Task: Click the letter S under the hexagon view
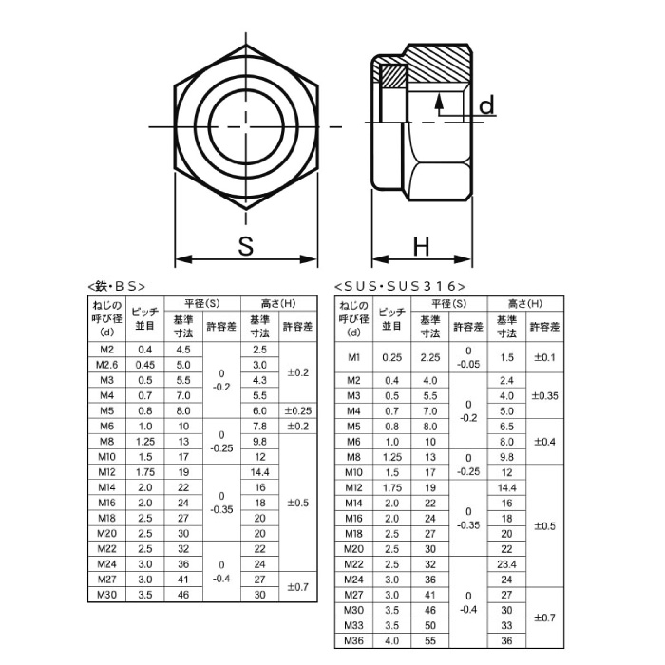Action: click(x=246, y=246)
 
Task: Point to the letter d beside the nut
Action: click(x=486, y=105)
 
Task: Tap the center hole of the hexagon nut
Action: click(x=246, y=126)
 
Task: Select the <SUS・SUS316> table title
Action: click(x=400, y=285)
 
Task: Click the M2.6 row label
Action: click(x=106, y=365)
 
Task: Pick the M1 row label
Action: click(x=354, y=357)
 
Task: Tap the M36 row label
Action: click(x=354, y=641)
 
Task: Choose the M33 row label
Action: click(x=354, y=625)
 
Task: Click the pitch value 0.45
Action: click(x=144, y=365)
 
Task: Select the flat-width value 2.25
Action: click(x=429, y=357)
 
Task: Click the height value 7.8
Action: click(x=259, y=426)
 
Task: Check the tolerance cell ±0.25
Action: click(x=297, y=410)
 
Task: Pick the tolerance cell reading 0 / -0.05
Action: click(x=467, y=357)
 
